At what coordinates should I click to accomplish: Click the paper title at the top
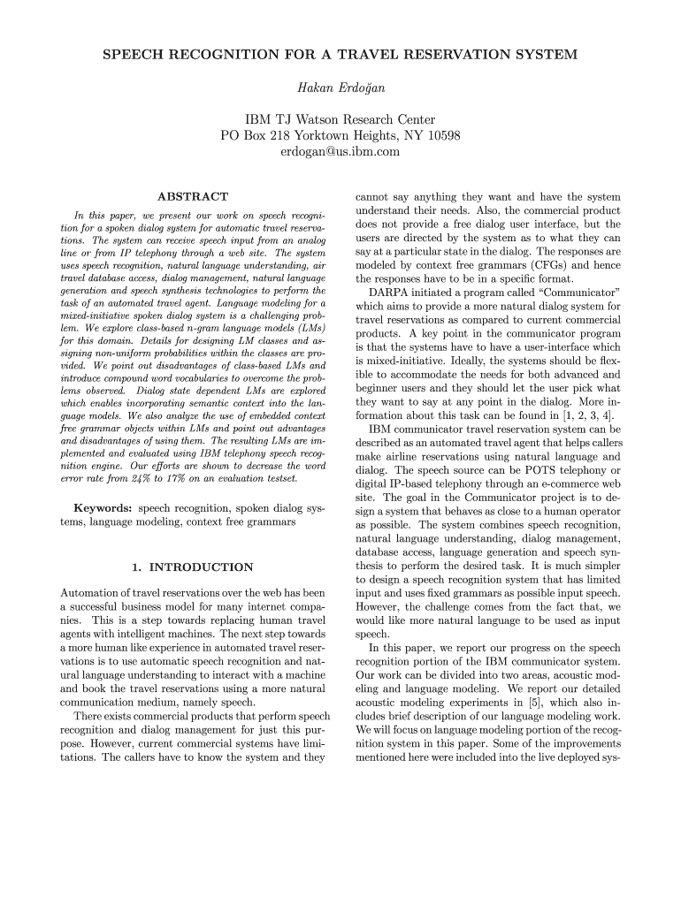click(340, 55)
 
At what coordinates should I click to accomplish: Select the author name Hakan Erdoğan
click(340, 88)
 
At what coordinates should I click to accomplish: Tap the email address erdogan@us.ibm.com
click(340, 152)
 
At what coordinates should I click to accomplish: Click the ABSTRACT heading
click(192, 196)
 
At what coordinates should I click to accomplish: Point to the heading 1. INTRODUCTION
click(192, 567)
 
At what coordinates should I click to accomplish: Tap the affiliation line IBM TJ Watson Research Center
click(340, 119)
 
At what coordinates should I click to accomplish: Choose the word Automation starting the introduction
click(90, 591)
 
